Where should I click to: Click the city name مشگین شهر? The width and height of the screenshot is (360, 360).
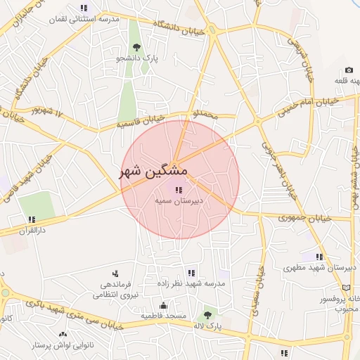(153, 172)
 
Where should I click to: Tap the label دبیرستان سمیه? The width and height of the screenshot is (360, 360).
(179, 200)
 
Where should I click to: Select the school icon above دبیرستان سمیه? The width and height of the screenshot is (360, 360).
(176, 188)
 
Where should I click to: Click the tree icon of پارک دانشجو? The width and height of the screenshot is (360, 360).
(136, 47)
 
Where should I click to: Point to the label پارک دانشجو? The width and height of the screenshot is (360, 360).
(137, 59)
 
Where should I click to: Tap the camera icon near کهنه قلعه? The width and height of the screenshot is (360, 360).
(349, 70)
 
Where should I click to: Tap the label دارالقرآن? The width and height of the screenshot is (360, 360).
(32, 230)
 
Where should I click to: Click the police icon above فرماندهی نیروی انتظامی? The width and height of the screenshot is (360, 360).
(115, 274)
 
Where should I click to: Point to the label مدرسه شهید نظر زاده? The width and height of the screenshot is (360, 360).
(191, 284)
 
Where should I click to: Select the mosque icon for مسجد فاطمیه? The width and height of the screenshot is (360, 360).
(164, 305)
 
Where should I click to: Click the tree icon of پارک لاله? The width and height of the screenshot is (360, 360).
(207, 316)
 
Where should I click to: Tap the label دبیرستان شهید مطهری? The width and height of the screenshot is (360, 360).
(320, 268)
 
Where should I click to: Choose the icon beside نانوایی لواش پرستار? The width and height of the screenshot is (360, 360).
(63, 335)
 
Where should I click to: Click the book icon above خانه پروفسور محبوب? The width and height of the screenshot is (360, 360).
(344, 288)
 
